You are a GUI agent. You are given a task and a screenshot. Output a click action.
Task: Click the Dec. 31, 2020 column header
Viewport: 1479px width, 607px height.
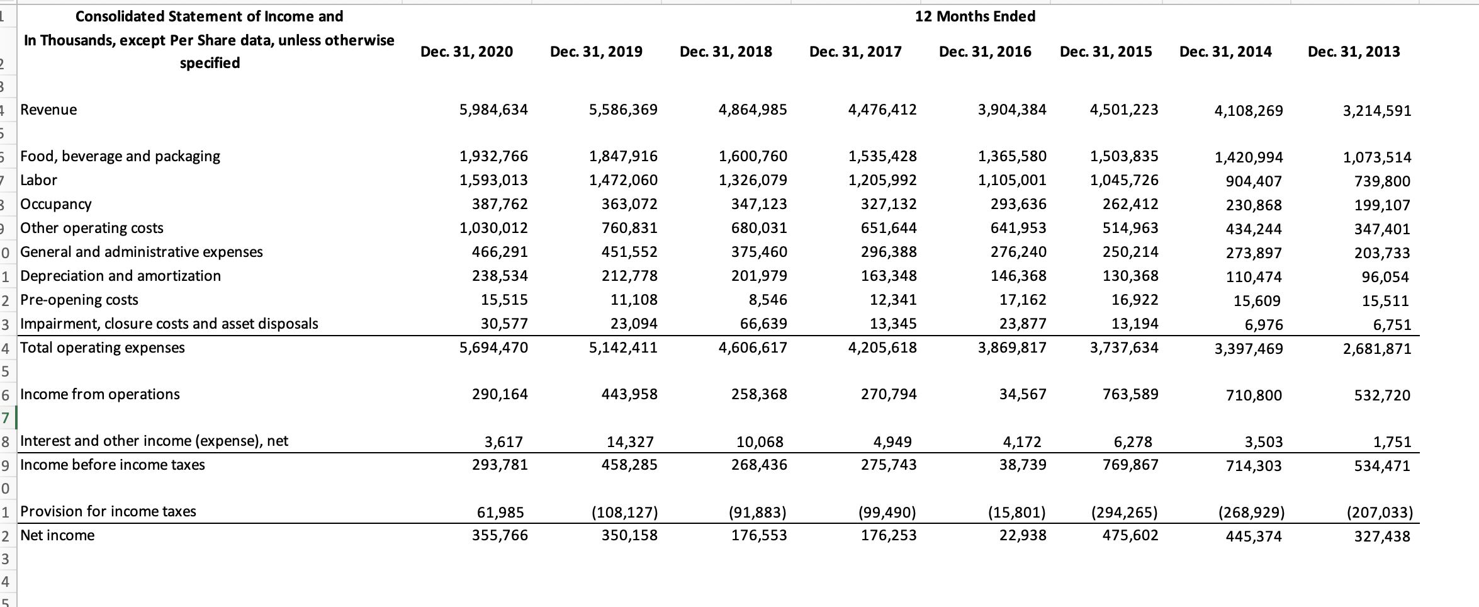466,52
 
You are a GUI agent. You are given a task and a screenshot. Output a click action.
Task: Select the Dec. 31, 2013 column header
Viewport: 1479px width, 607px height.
1354,52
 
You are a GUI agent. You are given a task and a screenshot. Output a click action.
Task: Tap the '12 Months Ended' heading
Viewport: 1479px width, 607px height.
975,16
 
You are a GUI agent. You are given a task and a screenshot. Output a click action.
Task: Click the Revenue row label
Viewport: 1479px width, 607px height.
48,110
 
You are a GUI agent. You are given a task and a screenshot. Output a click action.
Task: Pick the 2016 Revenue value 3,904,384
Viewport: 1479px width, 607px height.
1011,110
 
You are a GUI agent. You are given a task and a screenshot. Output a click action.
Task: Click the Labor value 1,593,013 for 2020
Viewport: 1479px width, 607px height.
493,180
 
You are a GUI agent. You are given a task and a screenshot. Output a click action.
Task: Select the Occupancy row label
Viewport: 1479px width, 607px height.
56,204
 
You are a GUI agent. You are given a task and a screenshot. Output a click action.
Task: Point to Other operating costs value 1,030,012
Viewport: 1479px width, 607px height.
493,228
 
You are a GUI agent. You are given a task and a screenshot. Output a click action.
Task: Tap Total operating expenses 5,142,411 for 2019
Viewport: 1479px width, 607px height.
623,348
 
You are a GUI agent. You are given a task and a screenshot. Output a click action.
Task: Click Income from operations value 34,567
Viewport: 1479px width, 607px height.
1022,394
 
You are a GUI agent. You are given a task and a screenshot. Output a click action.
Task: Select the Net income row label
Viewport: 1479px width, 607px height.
57,535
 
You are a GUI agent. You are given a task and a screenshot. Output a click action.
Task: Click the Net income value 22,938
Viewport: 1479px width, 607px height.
1022,535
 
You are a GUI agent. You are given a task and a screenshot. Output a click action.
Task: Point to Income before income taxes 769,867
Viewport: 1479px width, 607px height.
1130,465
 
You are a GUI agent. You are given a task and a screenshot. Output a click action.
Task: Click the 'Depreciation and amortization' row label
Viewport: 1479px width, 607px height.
120,276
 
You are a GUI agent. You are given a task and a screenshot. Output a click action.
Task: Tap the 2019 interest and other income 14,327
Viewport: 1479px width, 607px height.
631,442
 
